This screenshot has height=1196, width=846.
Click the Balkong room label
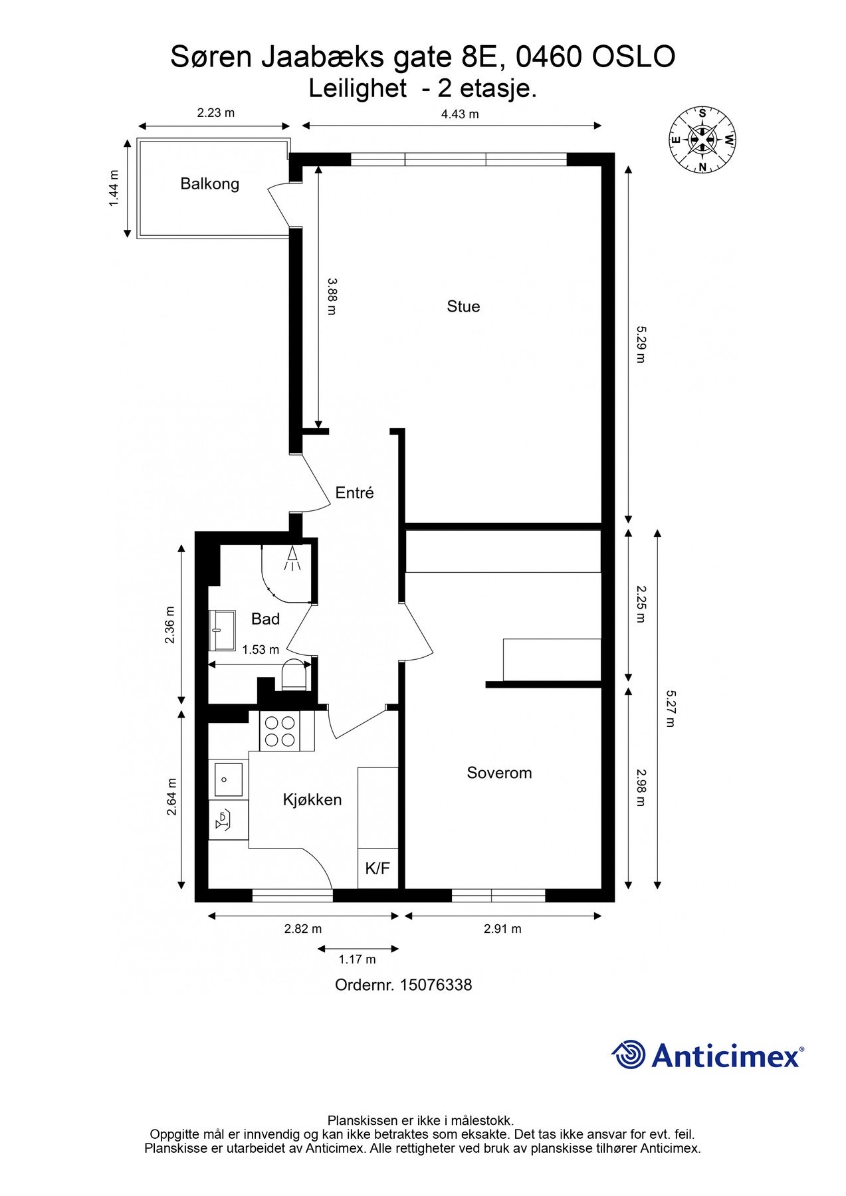click(x=210, y=184)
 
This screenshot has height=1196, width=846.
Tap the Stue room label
click(x=463, y=306)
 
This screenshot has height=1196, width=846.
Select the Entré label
click(x=354, y=492)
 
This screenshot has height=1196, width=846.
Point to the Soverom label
click(x=499, y=773)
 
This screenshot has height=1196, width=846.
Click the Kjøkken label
click(x=312, y=800)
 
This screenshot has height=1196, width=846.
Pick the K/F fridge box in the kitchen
click(x=377, y=868)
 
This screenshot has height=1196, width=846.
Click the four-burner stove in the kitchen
click(x=280, y=730)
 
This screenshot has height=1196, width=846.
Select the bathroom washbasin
click(x=223, y=631)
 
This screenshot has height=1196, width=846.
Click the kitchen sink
click(x=228, y=780)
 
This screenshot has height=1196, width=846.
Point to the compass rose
click(x=702, y=140)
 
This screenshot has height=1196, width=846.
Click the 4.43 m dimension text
click(x=460, y=114)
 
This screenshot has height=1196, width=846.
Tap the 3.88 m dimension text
click(x=332, y=296)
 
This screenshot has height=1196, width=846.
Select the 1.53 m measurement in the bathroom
click(x=261, y=649)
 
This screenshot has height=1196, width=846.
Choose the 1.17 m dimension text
click(x=358, y=959)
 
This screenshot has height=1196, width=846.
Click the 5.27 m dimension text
click(x=670, y=708)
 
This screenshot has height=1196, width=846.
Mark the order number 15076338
click(x=435, y=985)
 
